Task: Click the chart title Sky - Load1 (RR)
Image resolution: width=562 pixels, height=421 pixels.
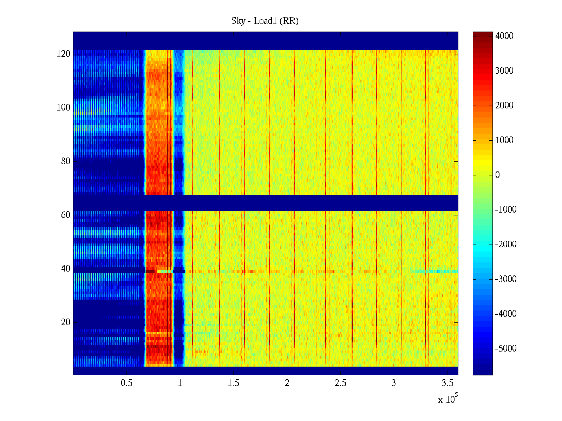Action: (x=265, y=21)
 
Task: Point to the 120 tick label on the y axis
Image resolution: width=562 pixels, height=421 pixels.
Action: (x=64, y=54)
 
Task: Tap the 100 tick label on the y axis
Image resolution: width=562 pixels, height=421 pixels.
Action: (x=64, y=108)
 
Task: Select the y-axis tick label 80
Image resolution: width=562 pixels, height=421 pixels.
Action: (x=66, y=161)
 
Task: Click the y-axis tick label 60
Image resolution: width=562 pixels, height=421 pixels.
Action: (x=66, y=215)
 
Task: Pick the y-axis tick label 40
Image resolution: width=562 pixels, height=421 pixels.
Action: (x=66, y=269)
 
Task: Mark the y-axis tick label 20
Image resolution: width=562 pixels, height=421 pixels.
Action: (x=66, y=322)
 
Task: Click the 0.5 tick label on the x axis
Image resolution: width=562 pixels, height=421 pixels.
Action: (x=126, y=383)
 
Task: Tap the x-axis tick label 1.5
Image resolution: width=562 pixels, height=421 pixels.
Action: (x=234, y=383)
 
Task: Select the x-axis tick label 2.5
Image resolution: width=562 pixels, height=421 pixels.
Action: (x=340, y=383)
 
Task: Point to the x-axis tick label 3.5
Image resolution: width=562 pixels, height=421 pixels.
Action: (x=447, y=383)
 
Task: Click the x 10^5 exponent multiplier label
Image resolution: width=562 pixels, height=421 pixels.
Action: (x=448, y=399)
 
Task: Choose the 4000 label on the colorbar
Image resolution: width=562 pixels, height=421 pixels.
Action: (x=504, y=36)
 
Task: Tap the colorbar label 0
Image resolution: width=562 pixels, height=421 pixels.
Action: (x=497, y=175)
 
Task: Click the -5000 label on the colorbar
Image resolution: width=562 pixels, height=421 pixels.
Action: (x=506, y=349)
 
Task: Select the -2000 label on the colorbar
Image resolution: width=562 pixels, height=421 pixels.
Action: (x=506, y=245)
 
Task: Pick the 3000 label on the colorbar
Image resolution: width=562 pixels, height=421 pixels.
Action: (x=504, y=71)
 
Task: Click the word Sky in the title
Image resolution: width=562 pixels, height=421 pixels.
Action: (x=238, y=21)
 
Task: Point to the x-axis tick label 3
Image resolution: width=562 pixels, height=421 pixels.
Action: (x=394, y=383)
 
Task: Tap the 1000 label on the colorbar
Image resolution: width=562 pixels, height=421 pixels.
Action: (x=504, y=140)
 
